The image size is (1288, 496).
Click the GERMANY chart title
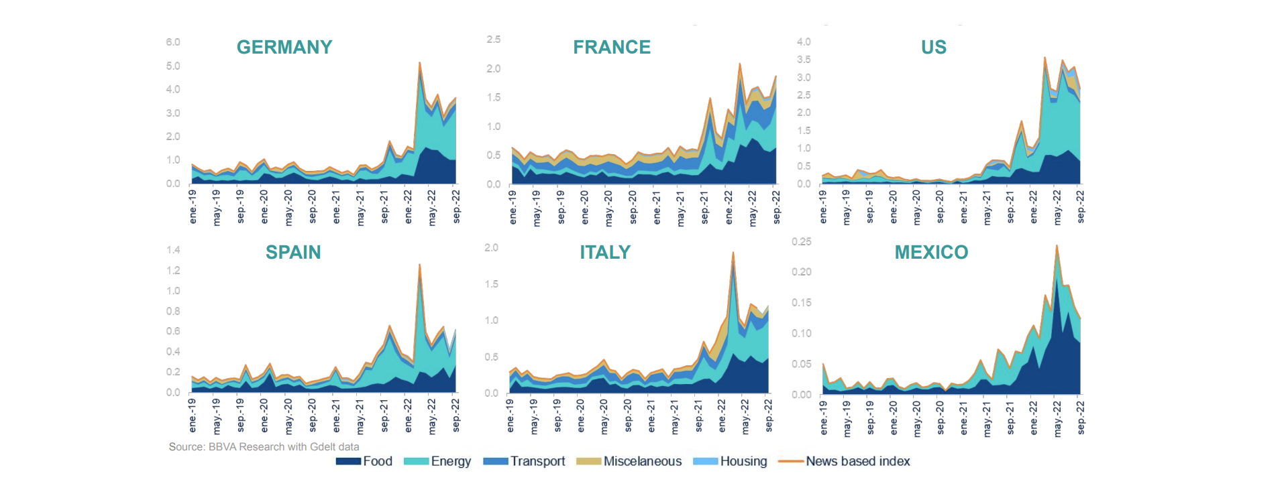coord(284,47)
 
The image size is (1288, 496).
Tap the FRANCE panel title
coord(611,47)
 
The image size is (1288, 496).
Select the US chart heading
coord(933,47)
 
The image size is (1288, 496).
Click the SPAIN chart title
coord(293,252)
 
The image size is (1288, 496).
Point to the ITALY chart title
coord(605,252)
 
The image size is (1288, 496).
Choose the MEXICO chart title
coord(931,252)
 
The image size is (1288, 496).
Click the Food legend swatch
coord(349,461)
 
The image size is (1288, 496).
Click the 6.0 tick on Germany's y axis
coord(173,42)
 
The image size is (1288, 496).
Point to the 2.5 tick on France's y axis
coord(494,40)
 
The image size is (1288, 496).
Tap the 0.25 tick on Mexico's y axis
coord(801,241)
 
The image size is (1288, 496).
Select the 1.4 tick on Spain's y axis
coord(173,250)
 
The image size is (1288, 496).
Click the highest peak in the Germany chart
coord(419,64)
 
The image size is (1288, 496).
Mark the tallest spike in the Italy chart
coord(733,253)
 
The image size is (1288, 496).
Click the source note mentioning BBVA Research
coord(264,446)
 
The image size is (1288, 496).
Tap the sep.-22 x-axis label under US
coord(1081,206)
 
